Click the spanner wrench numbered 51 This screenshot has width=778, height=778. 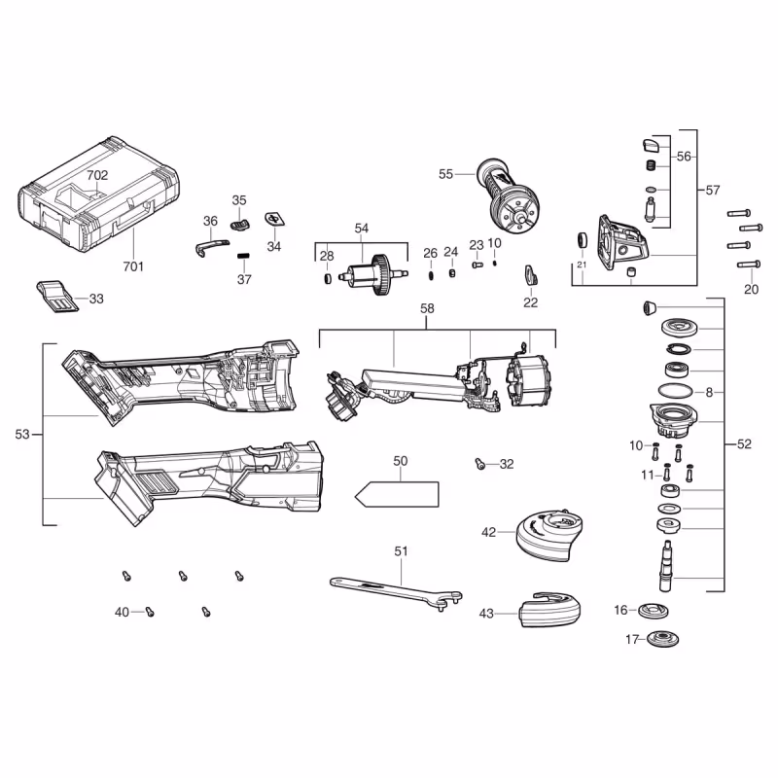(x=394, y=591)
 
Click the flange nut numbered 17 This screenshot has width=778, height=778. (x=665, y=641)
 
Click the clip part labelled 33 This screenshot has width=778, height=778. (x=57, y=297)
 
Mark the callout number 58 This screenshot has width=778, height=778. (x=427, y=308)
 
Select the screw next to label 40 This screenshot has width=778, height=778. (x=150, y=611)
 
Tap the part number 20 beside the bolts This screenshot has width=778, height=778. (x=751, y=289)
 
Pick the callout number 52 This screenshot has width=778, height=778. (x=744, y=444)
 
